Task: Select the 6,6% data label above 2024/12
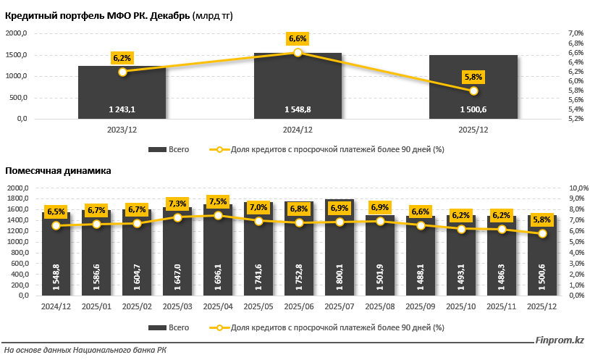[x=298, y=38]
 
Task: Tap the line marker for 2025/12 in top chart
[x=473, y=91]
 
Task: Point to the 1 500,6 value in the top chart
[x=473, y=109]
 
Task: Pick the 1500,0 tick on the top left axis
[x=17, y=55]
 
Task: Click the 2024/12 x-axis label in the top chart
[x=298, y=130]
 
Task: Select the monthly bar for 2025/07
[x=340, y=246]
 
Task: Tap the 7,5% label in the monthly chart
[x=218, y=201]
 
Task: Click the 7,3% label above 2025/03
[x=177, y=204]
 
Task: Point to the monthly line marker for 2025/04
[x=218, y=215]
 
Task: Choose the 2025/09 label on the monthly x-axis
[x=421, y=306]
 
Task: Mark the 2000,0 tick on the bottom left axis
[x=17, y=188]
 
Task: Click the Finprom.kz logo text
[x=559, y=340]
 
